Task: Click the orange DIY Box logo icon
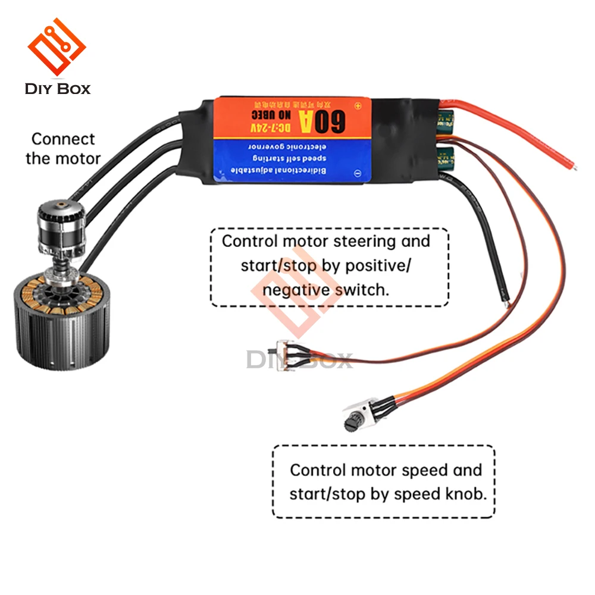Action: [x=57, y=48]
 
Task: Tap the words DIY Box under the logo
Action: [x=58, y=89]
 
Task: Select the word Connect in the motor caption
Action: [x=63, y=139]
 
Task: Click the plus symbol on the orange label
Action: [x=358, y=107]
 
